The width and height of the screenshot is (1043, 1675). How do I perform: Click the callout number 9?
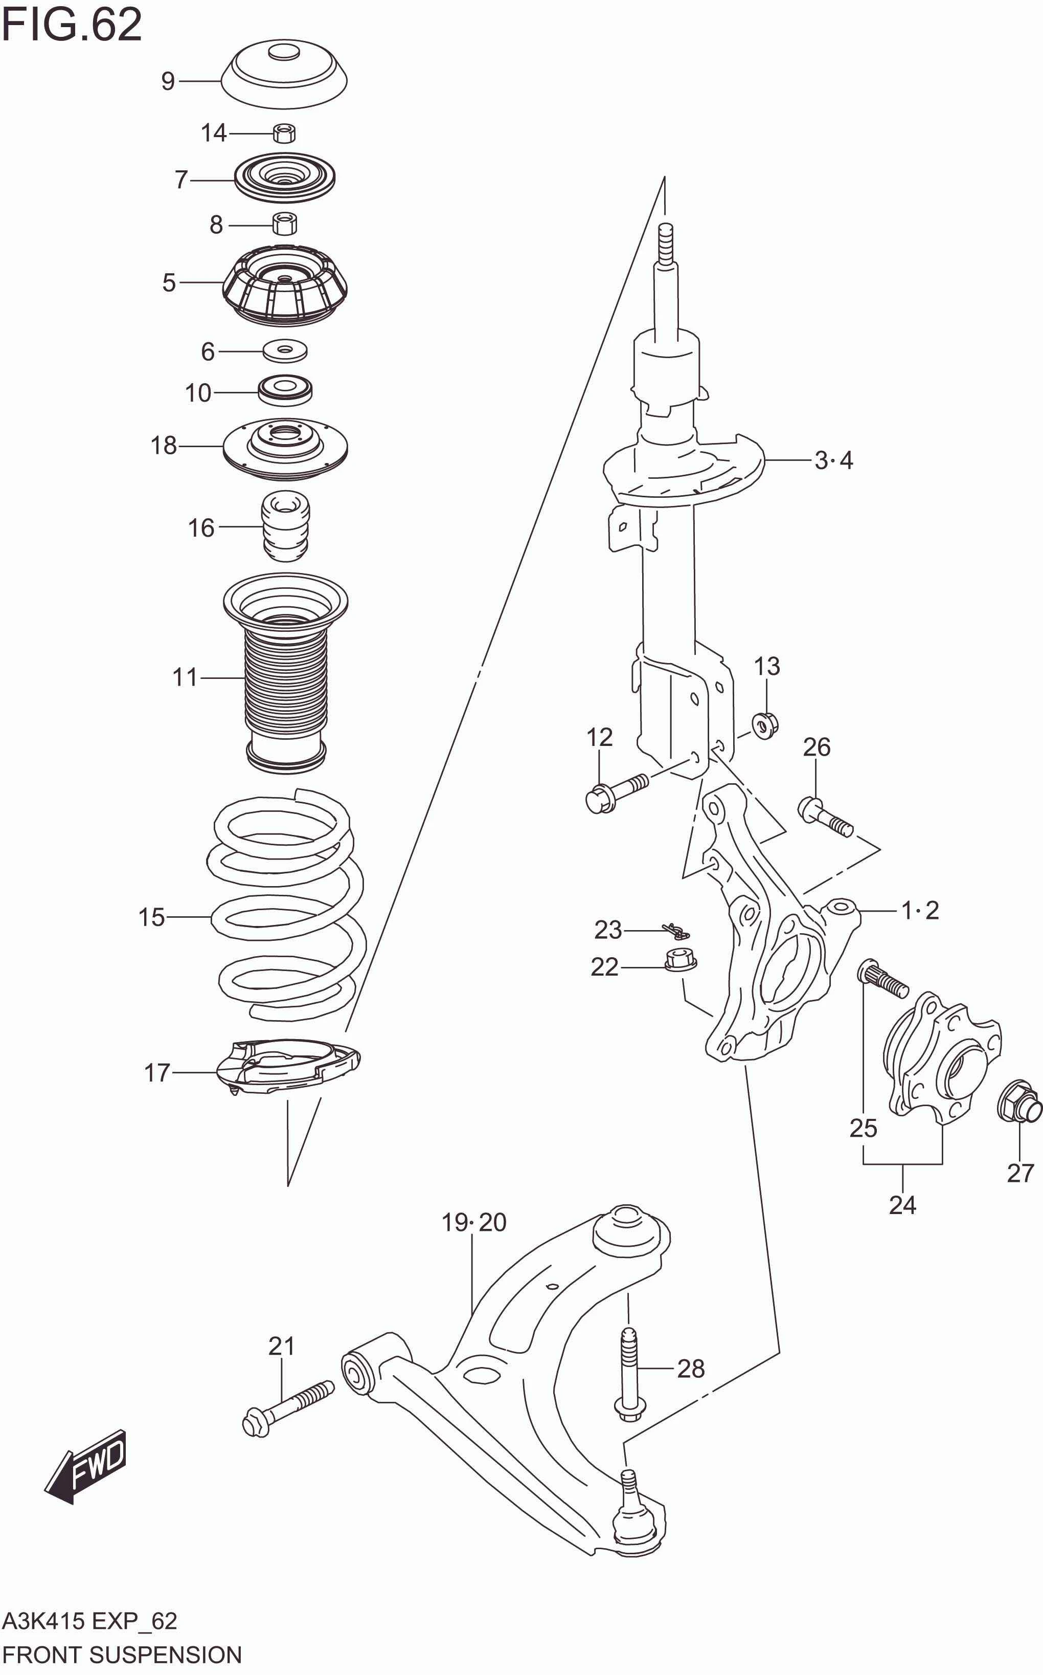168,81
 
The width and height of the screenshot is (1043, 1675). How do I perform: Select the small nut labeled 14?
284,133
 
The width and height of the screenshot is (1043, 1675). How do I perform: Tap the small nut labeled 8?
284,224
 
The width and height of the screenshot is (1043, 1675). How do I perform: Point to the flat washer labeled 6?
285,350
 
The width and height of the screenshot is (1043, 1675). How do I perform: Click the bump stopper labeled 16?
286,525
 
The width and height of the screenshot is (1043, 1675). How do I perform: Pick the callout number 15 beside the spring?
151,917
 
